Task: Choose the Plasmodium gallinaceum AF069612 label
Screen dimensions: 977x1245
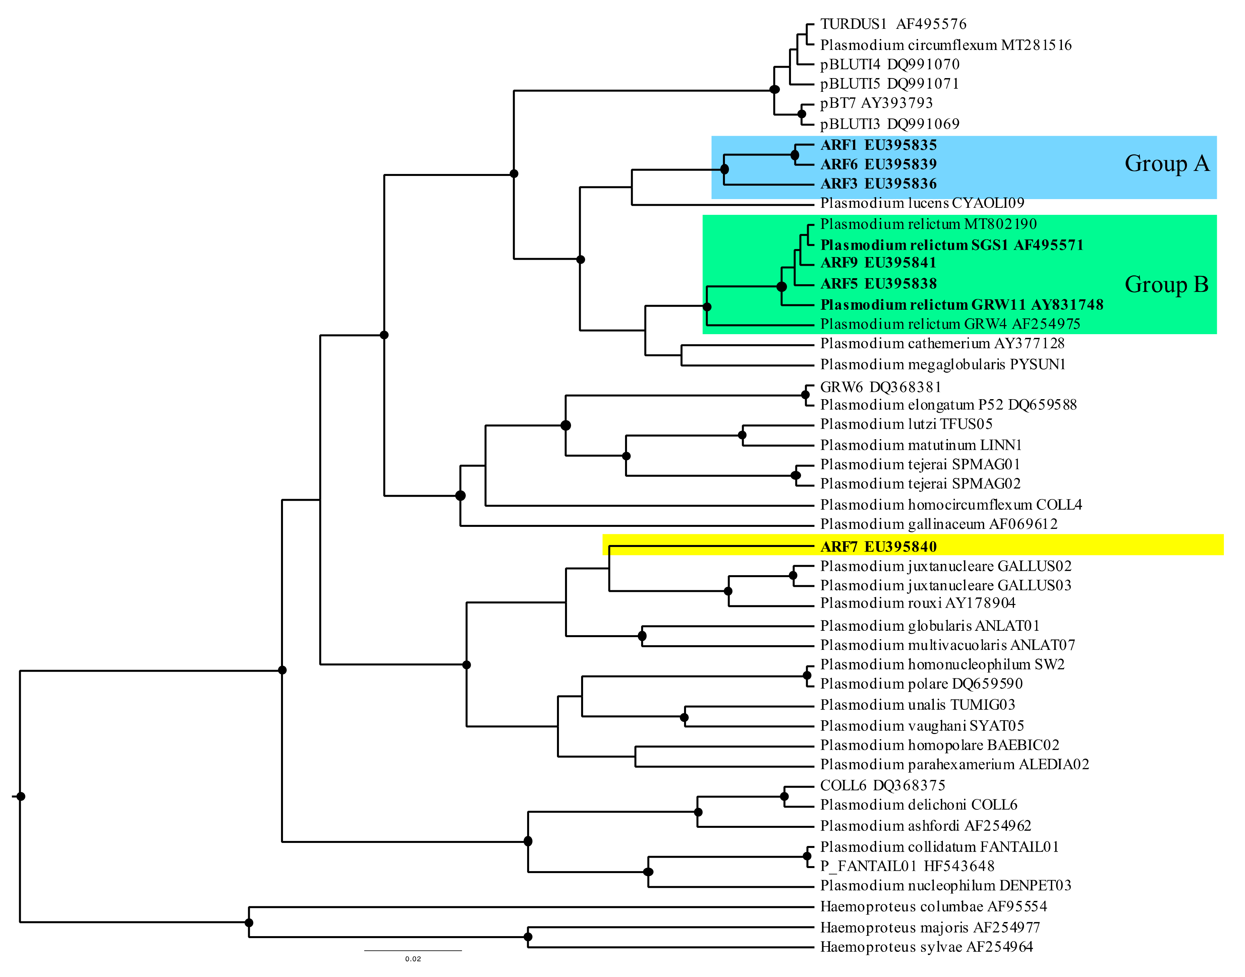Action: point(938,524)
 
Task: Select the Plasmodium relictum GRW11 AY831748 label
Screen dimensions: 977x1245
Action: point(961,305)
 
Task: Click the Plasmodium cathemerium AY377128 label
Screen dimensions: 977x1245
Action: point(942,343)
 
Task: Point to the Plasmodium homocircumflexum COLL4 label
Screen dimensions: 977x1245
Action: point(951,504)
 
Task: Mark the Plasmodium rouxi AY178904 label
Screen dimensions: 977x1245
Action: point(918,603)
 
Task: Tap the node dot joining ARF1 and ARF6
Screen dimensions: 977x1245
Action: point(795,155)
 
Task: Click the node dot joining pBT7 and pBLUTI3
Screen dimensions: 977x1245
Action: point(802,114)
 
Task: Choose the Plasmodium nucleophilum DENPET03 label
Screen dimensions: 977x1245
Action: point(945,886)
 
